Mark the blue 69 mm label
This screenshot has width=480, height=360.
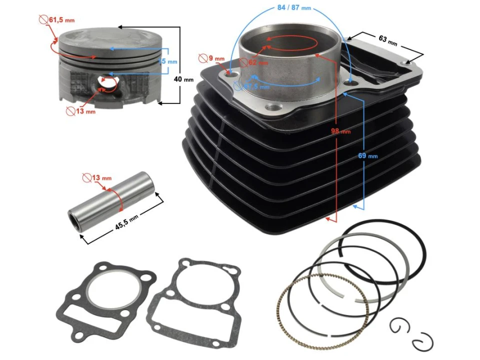(x=368, y=155)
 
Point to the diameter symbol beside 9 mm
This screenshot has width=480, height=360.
(x=202, y=58)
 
